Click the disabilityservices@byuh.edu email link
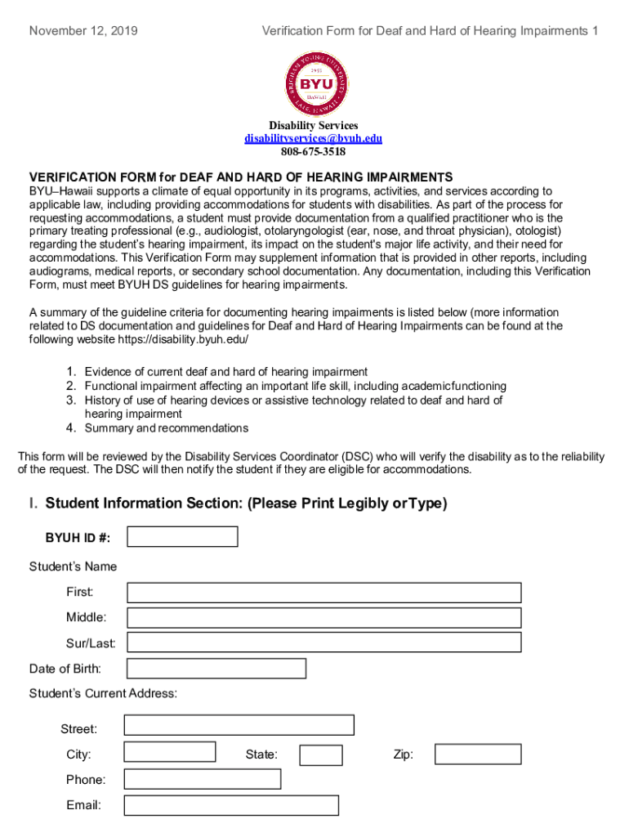pyautogui.click(x=314, y=138)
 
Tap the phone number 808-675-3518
pyautogui.click(x=314, y=151)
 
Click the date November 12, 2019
pyautogui.click(x=83, y=31)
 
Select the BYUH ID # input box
pyautogui.click(x=182, y=536)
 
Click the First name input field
pyautogui.click(x=323, y=593)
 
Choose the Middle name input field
pyautogui.click(x=323, y=617)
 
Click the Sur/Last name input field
pyautogui.click(x=323, y=642)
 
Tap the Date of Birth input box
pyautogui.click(x=216, y=669)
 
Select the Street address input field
pyautogui.click(x=239, y=725)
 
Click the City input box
pyautogui.click(x=170, y=752)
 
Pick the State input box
pyautogui.click(x=320, y=754)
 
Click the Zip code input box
pyautogui.click(x=477, y=754)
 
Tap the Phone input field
pyautogui.click(x=202, y=779)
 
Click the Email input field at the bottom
pyautogui.click(x=231, y=805)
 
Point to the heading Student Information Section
pyautogui.click(x=238, y=504)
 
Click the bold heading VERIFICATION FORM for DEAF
pyautogui.click(x=241, y=177)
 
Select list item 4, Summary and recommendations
pyautogui.click(x=166, y=428)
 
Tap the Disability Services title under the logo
pyautogui.click(x=314, y=125)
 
